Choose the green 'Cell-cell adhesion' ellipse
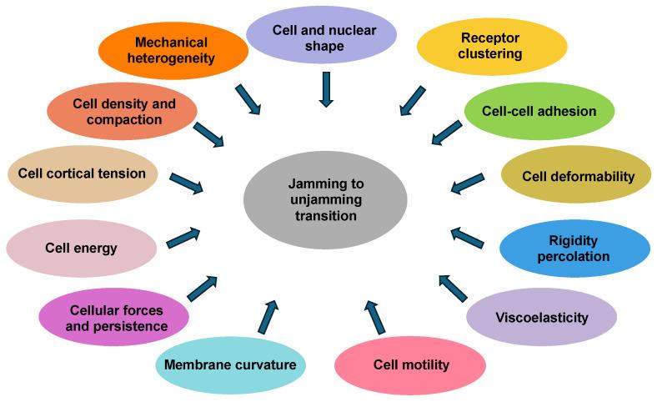click(x=539, y=111)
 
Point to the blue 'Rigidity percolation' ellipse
click(x=574, y=249)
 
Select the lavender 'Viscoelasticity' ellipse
click(x=541, y=317)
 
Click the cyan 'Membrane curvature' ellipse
click(x=230, y=364)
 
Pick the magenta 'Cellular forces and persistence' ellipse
click(x=114, y=318)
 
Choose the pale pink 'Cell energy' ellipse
click(x=81, y=248)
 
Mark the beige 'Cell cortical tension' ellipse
click(x=82, y=173)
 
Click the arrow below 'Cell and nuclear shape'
click(x=326, y=88)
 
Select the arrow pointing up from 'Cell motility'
click(x=374, y=316)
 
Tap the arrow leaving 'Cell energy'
click(x=184, y=237)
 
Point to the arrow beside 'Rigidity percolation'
click(x=467, y=237)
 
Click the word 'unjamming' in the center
click(x=326, y=200)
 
